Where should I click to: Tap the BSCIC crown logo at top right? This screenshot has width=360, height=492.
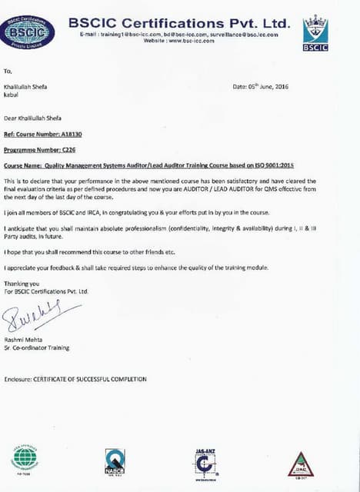[315, 32]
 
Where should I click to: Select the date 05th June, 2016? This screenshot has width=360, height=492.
[265, 87]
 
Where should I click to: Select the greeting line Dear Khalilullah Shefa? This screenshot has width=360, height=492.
[34, 118]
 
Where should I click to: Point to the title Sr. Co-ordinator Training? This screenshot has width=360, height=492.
[37, 347]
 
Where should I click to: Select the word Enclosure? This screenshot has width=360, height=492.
[17, 378]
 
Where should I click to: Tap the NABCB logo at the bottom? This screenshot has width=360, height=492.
[115, 460]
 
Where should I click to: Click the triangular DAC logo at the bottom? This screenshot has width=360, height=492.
[300, 464]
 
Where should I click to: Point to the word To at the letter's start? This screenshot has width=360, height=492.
[8, 69]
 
